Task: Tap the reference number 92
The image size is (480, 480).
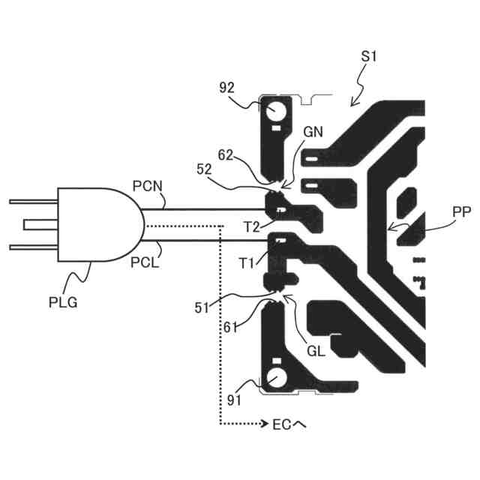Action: [229, 88]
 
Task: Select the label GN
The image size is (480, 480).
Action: [313, 131]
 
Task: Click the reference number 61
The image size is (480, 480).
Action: [232, 328]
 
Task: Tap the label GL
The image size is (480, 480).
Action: [316, 349]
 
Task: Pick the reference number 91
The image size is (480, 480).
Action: [235, 400]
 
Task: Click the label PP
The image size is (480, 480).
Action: [440, 213]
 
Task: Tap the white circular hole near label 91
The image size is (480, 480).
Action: [275, 378]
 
